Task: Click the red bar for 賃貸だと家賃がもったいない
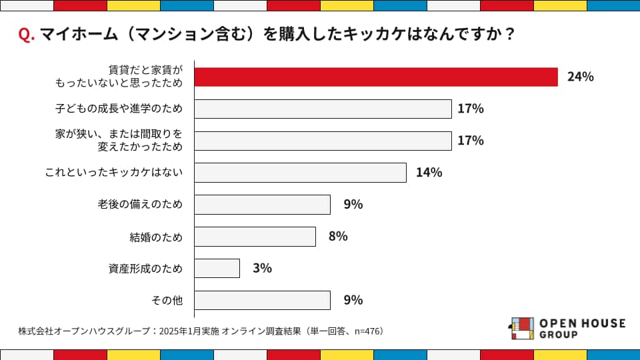click(376, 77)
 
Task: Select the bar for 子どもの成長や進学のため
click(323, 109)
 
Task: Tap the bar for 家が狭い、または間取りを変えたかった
click(323, 141)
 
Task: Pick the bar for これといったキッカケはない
click(300, 173)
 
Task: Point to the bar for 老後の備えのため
click(262, 205)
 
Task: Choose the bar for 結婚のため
click(255, 237)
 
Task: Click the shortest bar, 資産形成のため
click(217, 268)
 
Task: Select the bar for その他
click(262, 300)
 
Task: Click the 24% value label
click(580, 77)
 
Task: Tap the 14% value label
click(429, 173)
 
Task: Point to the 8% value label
click(338, 237)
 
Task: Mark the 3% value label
click(262, 268)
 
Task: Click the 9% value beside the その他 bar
click(353, 300)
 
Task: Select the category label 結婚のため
click(156, 237)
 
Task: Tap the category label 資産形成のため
click(145, 269)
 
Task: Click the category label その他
click(167, 301)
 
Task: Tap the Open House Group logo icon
click(522, 328)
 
